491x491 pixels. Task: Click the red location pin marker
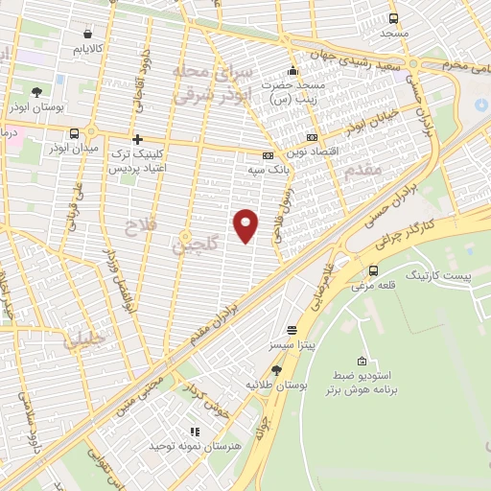point(246,224)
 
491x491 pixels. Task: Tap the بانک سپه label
point(243,169)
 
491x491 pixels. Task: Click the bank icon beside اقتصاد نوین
point(312,138)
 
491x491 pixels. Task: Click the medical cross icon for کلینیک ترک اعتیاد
point(138,140)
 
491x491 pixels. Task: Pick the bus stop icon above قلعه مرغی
point(373,270)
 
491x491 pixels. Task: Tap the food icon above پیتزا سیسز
point(292,329)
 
